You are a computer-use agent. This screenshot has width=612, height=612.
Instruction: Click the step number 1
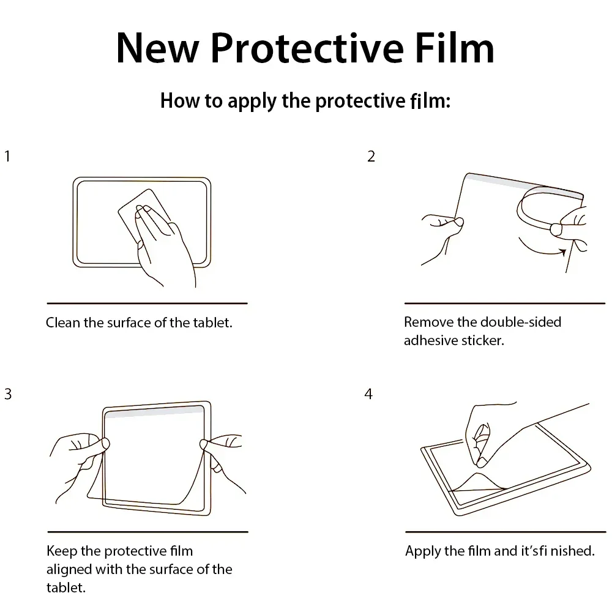7,157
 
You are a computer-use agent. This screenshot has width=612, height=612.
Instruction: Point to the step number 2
371,157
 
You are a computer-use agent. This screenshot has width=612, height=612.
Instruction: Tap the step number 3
7,394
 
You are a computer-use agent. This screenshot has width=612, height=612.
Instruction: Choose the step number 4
368,394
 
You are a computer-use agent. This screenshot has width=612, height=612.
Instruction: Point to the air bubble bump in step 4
480,480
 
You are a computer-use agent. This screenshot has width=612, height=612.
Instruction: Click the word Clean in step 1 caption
63,323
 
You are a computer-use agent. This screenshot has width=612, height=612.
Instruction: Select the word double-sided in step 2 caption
521,322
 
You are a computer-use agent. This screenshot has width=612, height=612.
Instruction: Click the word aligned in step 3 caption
69,569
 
